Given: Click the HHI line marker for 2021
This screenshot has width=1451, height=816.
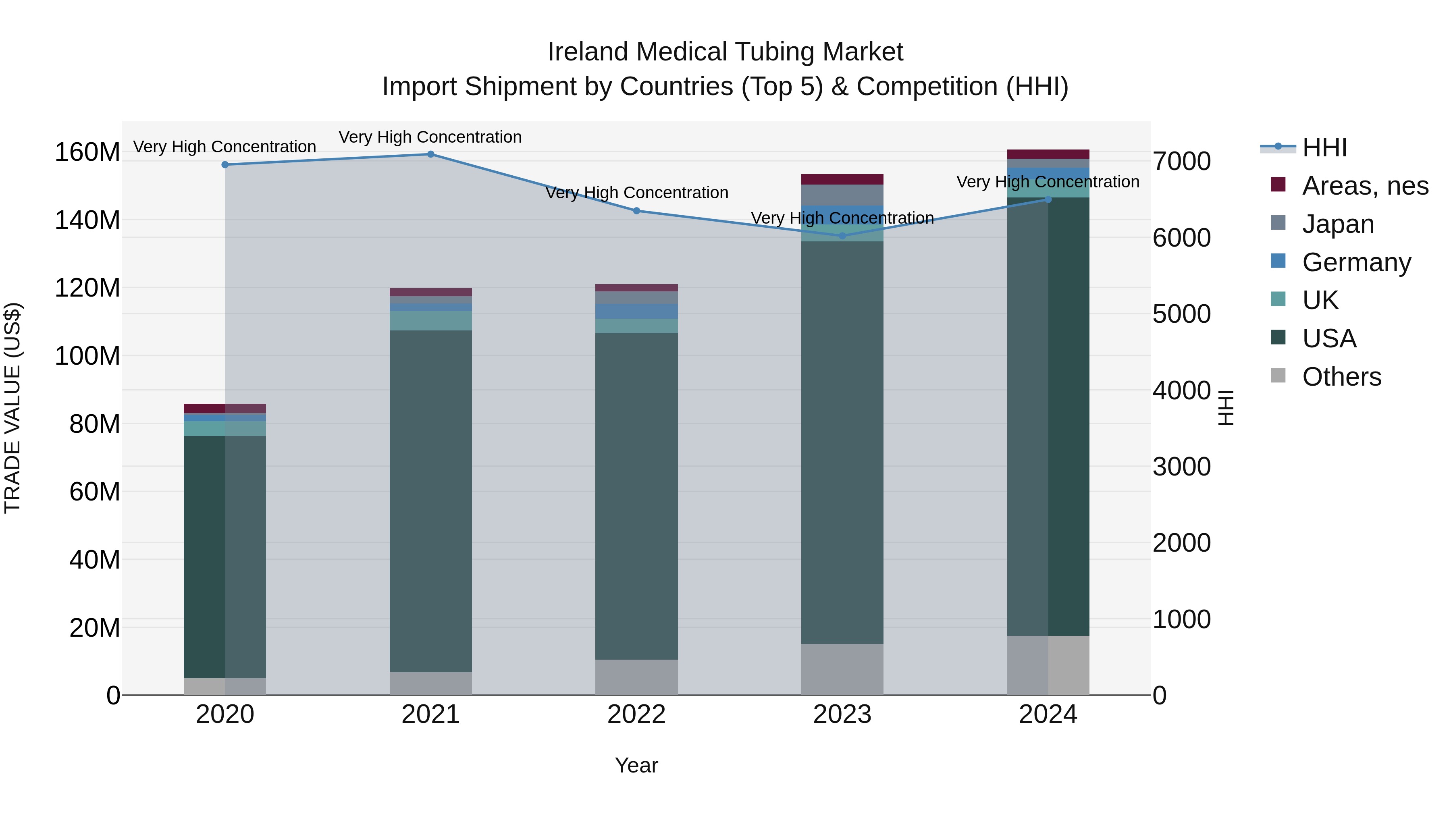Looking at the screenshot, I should click(x=430, y=154).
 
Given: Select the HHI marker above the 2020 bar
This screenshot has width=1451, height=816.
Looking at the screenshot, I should click(x=225, y=165).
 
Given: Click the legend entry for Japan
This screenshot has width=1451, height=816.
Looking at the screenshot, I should click(x=1338, y=224).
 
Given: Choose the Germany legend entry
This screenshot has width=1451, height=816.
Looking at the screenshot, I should click(x=1356, y=262).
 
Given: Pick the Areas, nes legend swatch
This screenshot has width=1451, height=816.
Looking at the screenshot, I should click(x=1278, y=185).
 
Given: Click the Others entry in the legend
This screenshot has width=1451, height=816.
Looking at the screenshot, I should click(x=1341, y=377).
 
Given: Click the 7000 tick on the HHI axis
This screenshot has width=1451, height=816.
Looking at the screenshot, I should click(x=1181, y=162).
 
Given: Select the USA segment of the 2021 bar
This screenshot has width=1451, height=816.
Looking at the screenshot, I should click(x=430, y=501).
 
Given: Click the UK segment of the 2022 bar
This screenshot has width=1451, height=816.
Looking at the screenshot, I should click(x=636, y=326).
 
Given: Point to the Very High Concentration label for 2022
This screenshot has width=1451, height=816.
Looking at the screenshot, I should click(x=636, y=193).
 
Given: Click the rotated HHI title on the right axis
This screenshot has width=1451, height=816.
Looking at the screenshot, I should click(x=1226, y=408).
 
